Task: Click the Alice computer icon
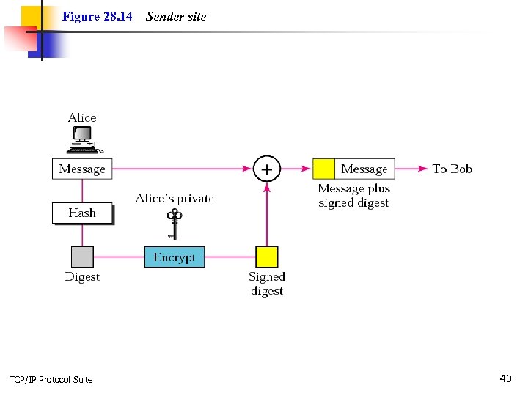pyautogui.click(x=82, y=139)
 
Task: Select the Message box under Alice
pyautogui.click(x=82, y=169)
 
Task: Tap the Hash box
pyautogui.click(x=82, y=213)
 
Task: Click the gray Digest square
pyautogui.click(x=82, y=257)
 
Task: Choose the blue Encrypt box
pyautogui.click(x=174, y=257)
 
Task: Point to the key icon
pyautogui.click(x=174, y=224)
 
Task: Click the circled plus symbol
pyautogui.click(x=266, y=169)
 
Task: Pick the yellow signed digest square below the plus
pyautogui.click(x=266, y=257)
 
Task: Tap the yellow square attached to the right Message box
pyautogui.click(x=324, y=169)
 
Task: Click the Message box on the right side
pyautogui.click(x=364, y=169)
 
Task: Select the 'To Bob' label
pyautogui.click(x=452, y=169)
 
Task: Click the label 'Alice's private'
pyautogui.click(x=175, y=199)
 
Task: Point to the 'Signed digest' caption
pyautogui.click(x=266, y=284)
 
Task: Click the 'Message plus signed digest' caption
pyautogui.click(x=353, y=196)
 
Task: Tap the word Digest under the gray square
pyautogui.click(x=82, y=277)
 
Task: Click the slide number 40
pyautogui.click(x=505, y=378)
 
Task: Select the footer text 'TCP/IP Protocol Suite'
pyautogui.click(x=51, y=379)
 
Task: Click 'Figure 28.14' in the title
pyautogui.click(x=98, y=16)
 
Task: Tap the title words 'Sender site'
pyautogui.click(x=176, y=16)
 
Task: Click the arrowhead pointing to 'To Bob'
pyautogui.click(x=423, y=169)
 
